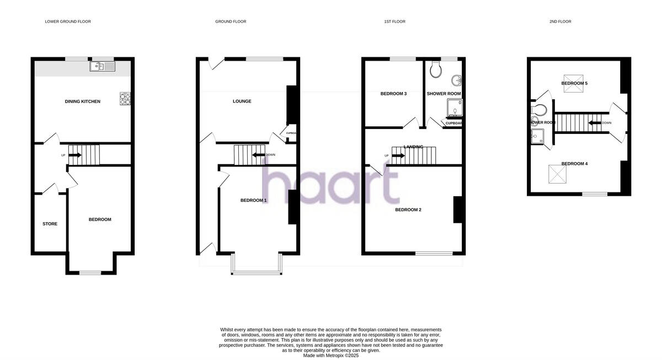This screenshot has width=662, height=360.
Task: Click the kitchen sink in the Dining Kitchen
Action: click(103, 67)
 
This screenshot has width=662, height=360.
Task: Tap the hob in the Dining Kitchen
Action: click(125, 99)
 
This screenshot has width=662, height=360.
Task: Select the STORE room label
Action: click(50, 224)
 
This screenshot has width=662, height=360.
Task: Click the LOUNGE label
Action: click(242, 101)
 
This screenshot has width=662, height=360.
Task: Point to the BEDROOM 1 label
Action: click(253, 200)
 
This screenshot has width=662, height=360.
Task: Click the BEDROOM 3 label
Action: click(393, 94)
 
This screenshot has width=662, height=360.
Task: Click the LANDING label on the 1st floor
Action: click(413, 147)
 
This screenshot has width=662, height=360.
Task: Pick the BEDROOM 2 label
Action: click(408, 209)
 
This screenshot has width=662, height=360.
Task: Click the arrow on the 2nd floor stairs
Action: click(595, 123)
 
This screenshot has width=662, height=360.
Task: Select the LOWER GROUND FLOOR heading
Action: click(68, 22)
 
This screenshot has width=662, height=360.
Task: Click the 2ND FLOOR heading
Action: click(560, 22)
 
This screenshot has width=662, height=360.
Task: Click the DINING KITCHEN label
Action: click(83, 101)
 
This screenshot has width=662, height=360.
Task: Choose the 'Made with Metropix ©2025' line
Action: click(330, 356)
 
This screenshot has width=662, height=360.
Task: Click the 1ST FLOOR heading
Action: click(394, 22)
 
